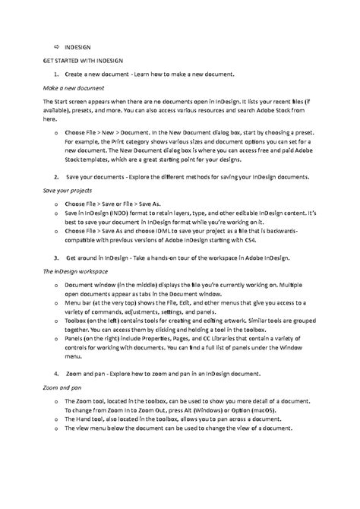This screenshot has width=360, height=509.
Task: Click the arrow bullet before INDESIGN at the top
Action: pyautogui.click(x=55, y=46)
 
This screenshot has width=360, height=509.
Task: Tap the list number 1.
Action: pyautogui.click(x=56, y=74)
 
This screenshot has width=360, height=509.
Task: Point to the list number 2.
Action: pyautogui.click(x=56, y=175)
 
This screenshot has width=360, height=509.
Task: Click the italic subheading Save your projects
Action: pyautogui.click(x=66, y=190)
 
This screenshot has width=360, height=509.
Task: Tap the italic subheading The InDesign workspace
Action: pyautogui.click(x=74, y=270)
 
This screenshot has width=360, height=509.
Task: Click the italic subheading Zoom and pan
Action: pyautogui.click(x=60, y=387)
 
